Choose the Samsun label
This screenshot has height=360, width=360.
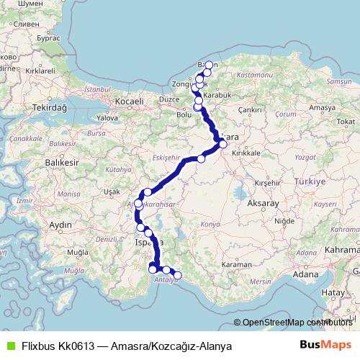click(338, 82)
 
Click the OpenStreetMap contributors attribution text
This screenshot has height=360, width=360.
click(296, 323)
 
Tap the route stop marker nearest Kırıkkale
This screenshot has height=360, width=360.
click(223, 144)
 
